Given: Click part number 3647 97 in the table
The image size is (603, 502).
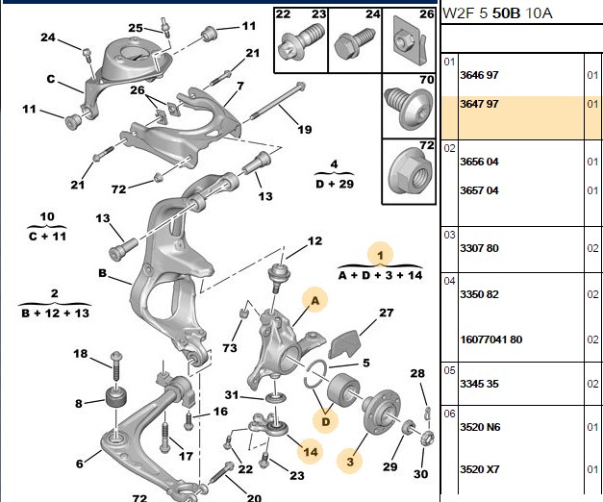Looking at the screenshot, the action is [479, 104].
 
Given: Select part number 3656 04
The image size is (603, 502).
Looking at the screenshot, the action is [479, 162].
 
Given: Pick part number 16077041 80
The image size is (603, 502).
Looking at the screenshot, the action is [491, 339].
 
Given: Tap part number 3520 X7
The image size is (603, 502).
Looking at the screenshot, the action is [480, 469].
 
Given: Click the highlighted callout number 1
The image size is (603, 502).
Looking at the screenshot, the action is [380, 255].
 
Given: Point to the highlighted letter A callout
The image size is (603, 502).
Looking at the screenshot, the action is [314, 300].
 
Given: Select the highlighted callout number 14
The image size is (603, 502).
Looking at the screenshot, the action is [311, 452].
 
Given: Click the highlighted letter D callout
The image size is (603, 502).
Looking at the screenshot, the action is [325, 421].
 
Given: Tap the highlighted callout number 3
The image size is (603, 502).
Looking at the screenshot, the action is [350, 462].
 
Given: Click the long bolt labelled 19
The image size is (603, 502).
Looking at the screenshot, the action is [278, 102].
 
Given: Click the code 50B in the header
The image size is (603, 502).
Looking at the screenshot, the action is [506, 13].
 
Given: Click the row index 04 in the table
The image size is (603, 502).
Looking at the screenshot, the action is [449, 281].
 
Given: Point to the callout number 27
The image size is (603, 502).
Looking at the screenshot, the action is [386, 313].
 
